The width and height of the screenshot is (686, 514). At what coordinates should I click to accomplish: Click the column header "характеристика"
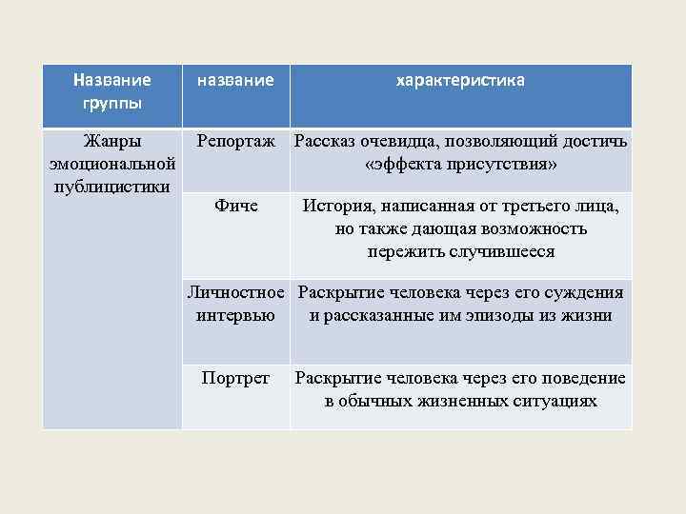click(460, 82)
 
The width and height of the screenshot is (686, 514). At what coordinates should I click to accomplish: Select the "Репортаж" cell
click(236, 142)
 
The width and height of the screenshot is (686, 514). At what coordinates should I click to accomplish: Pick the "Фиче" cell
click(236, 205)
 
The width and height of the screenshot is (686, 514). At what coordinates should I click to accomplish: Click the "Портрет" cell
click(236, 378)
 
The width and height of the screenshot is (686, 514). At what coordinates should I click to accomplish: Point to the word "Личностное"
click(237, 292)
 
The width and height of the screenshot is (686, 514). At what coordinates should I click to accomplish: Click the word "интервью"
click(235, 315)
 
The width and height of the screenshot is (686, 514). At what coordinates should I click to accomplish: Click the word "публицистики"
click(112, 185)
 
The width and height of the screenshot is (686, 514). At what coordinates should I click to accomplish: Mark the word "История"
click(334, 205)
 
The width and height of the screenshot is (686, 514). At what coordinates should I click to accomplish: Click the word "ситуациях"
click(554, 401)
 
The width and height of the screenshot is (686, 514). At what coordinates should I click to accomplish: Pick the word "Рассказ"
click(326, 142)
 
